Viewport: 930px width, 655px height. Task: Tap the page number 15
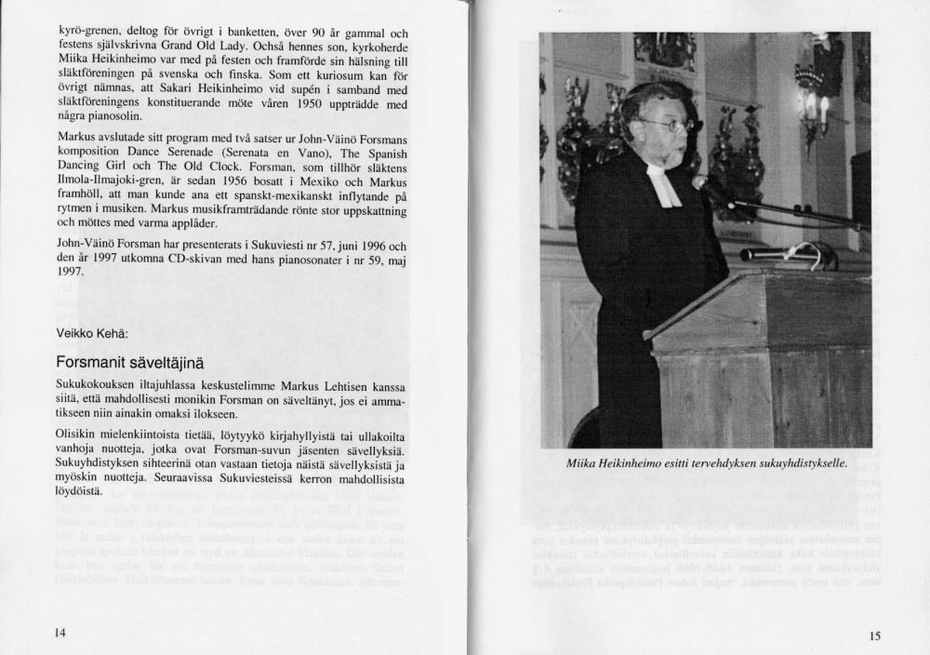tap(874, 635)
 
